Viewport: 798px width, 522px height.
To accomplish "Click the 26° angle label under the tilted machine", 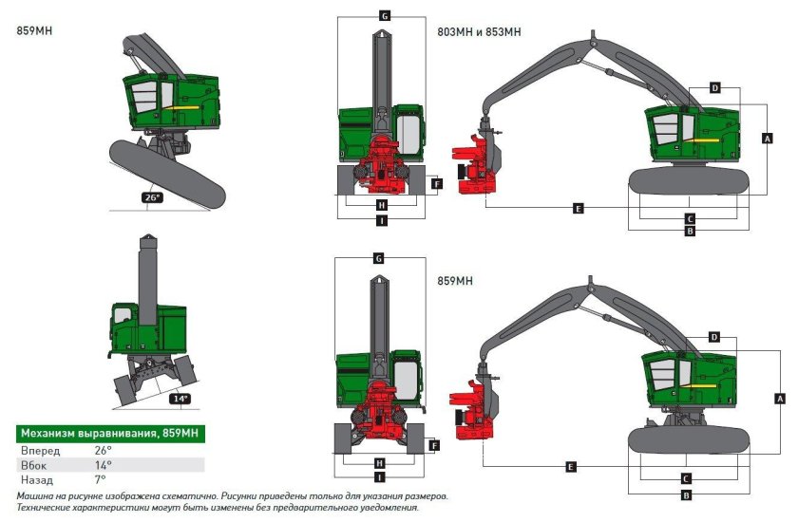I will coord(152,198).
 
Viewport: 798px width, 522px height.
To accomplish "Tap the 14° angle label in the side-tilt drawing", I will coord(180,399).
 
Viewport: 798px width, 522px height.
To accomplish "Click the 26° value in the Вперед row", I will coord(103,449).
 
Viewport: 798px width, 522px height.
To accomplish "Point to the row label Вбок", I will coord(34,465).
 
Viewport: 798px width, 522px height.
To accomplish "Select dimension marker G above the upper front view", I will coord(385,16).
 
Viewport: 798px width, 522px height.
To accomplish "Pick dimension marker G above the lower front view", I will coord(378,258).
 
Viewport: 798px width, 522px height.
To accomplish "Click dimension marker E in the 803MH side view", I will coord(579,208).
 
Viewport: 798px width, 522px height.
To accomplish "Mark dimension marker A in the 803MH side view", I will coord(766,138).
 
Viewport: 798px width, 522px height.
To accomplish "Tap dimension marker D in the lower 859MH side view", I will coord(715,337).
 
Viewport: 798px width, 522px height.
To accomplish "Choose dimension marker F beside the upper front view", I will coord(436,184).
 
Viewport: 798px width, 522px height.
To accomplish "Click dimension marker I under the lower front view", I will coord(381,476).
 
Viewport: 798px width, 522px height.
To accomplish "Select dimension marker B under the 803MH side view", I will coord(691,231).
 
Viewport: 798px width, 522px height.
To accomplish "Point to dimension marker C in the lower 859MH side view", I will coord(686,479).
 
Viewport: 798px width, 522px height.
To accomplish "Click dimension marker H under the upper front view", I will coord(381,205).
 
